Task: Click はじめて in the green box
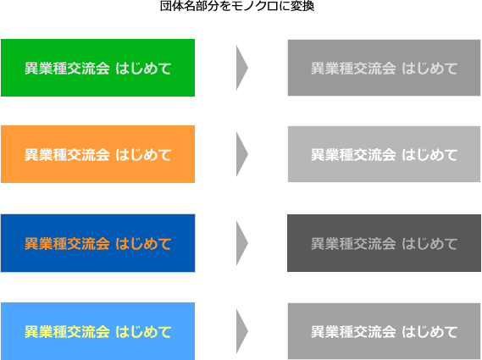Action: click(143, 69)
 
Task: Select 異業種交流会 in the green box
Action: click(67, 69)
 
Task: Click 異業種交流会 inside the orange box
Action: click(67, 155)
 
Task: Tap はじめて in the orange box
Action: click(143, 155)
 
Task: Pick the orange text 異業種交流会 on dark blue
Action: click(67, 243)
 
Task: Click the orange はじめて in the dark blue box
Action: click(143, 243)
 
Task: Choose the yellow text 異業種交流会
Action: click(67, 332)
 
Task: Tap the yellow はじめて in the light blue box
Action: click(143, 332)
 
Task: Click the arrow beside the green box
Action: click(241, 68)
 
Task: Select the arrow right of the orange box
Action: click(241, 154)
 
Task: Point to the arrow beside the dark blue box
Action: click(241, 243)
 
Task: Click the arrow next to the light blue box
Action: click(241, 331)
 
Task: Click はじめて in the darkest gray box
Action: click(429, 243)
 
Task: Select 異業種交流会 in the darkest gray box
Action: click(353, 243)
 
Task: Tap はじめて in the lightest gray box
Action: click(429, 155)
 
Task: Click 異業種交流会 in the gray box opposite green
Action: click(353, 69)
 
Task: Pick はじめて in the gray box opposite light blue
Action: click(429, 332)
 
